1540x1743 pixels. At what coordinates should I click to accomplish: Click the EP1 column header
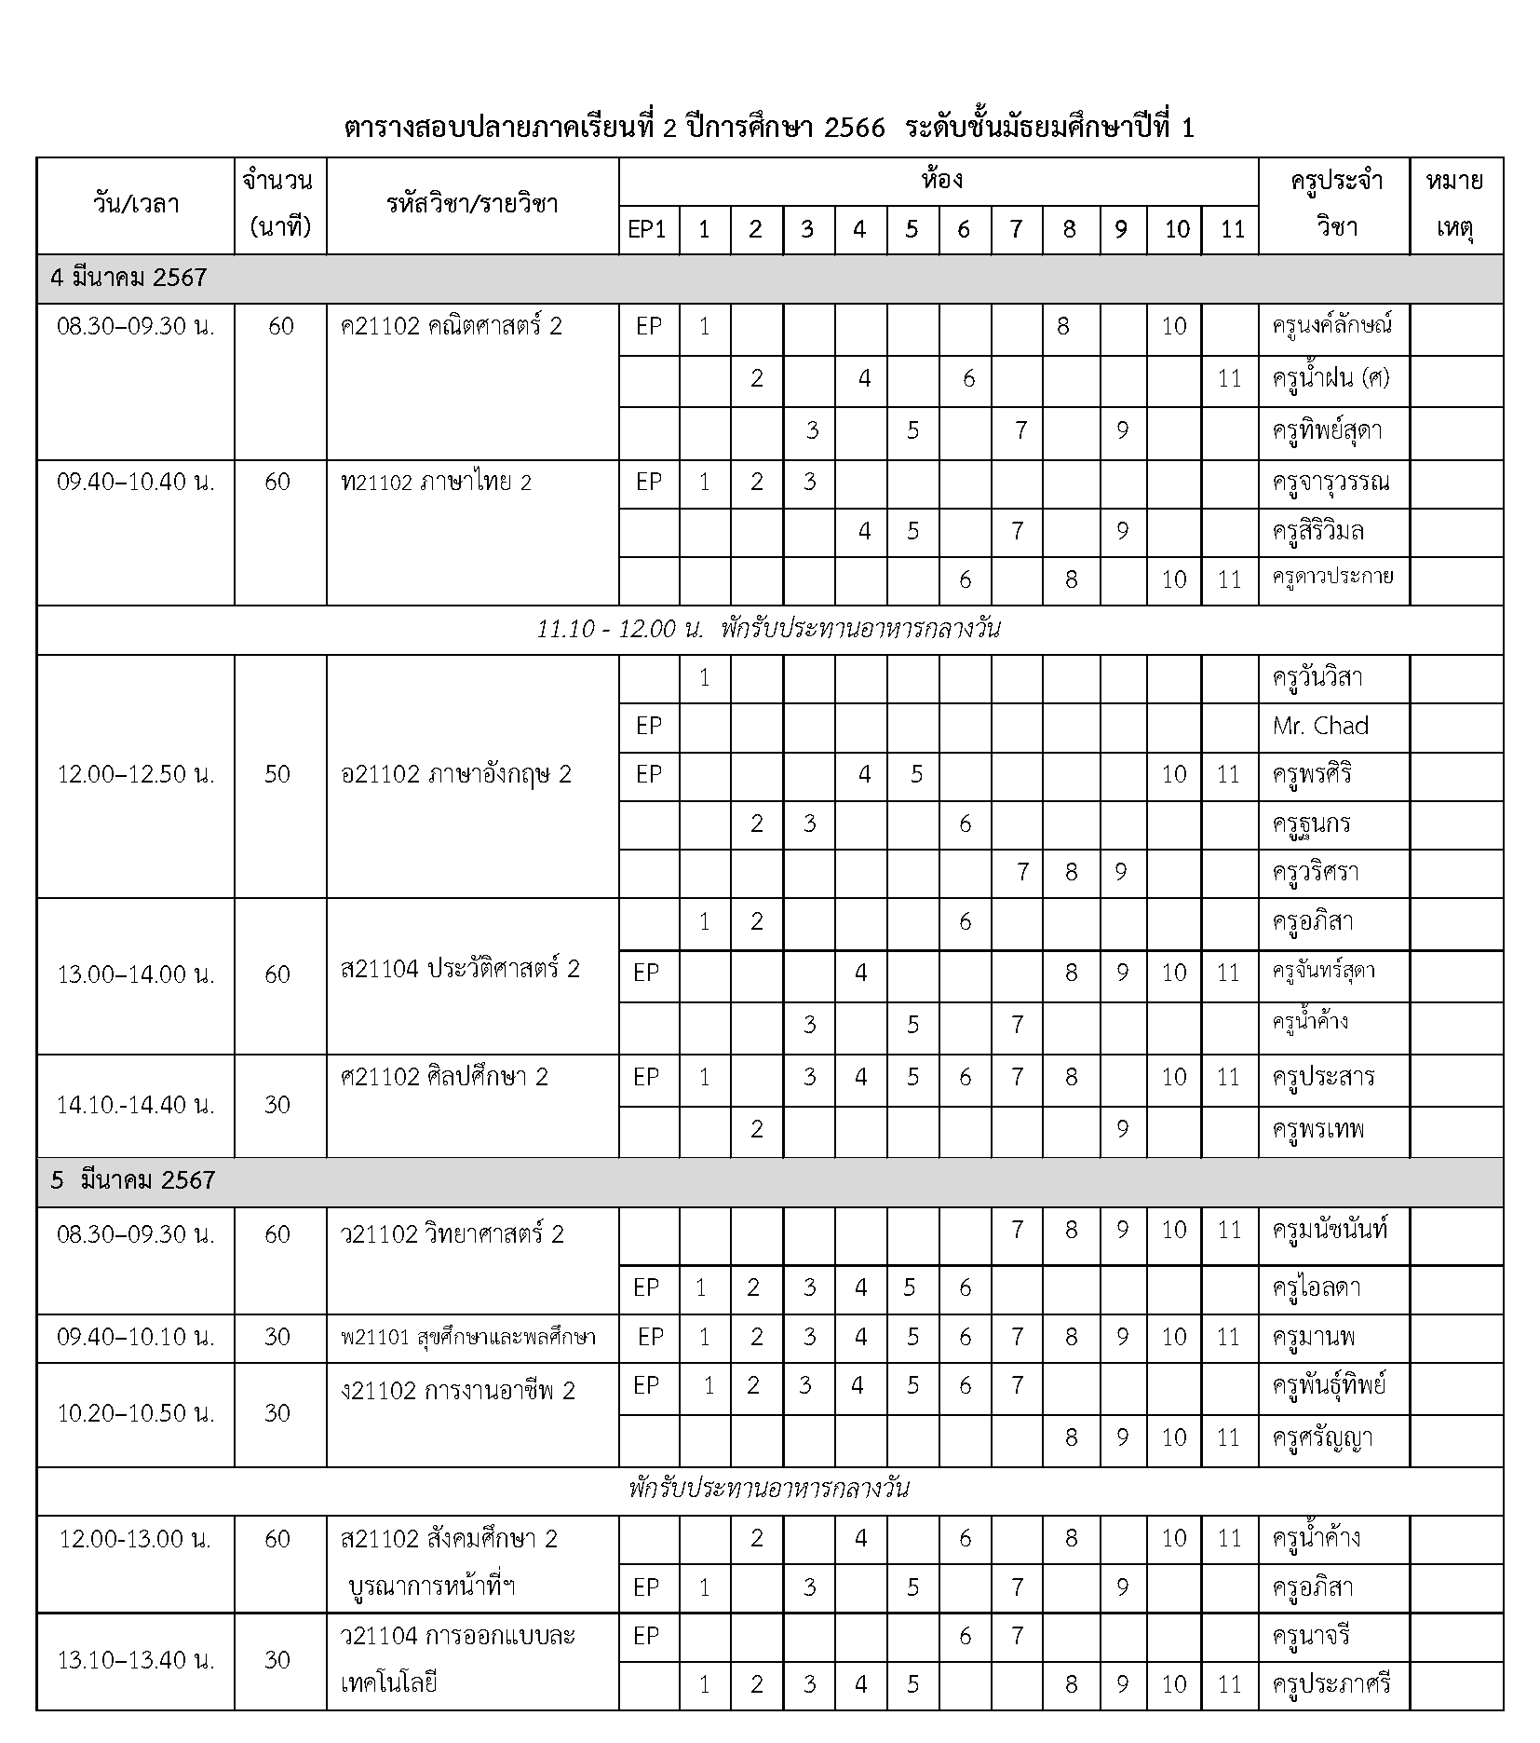(x=648, y=229)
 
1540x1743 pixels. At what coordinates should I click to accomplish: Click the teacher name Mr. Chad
(x=1320, y=727)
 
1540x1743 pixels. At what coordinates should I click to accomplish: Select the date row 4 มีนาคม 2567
(x=129, y=278)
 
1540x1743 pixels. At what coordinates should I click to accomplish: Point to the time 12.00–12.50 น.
(x=136, y=774)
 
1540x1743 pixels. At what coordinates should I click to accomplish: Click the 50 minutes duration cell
(x=278, y=774)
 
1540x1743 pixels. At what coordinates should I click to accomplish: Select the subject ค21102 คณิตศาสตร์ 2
(x=452, y=326)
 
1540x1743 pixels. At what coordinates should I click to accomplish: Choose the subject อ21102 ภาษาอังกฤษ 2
(x=456, y=774)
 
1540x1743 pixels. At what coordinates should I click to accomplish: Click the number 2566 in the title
(x=854, y=129)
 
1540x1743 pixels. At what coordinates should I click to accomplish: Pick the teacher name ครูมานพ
(x=1313, y=1338)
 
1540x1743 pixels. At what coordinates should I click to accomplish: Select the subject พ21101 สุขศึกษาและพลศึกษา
(x=468, y=1338)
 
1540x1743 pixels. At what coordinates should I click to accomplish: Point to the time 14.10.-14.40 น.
(x=136, y=1105)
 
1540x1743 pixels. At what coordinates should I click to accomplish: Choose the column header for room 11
(x=1232, y=229)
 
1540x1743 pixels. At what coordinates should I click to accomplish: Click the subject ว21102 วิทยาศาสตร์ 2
(x=453, y=1234)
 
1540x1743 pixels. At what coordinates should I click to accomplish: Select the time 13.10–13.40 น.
(x=136, y=1659)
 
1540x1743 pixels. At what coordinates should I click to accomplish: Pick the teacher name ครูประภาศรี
(x=1331, y=1684)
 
